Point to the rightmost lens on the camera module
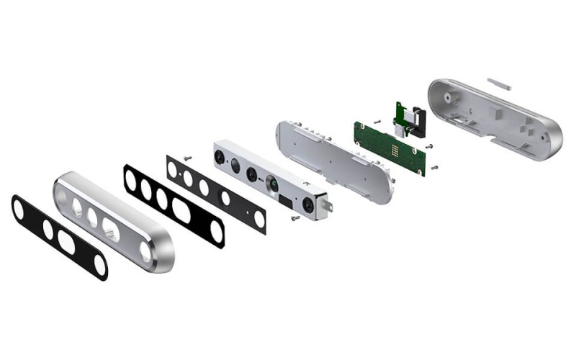point(308,204)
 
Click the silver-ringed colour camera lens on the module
point(273,185)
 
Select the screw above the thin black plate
point(187,156)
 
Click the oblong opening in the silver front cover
point(111,229)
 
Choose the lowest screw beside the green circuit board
point(434,167)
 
